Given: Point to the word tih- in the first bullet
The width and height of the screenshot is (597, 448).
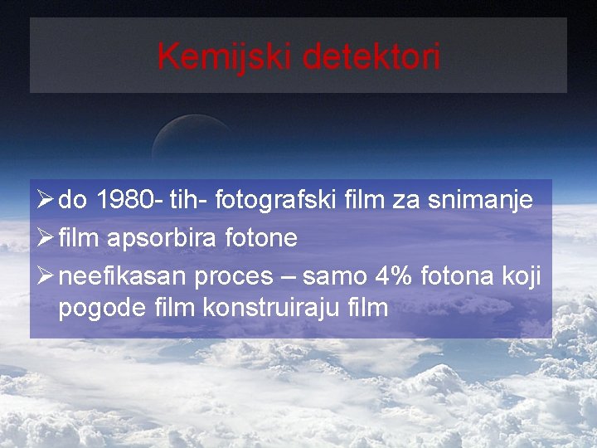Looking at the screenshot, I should tap(188, 201).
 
